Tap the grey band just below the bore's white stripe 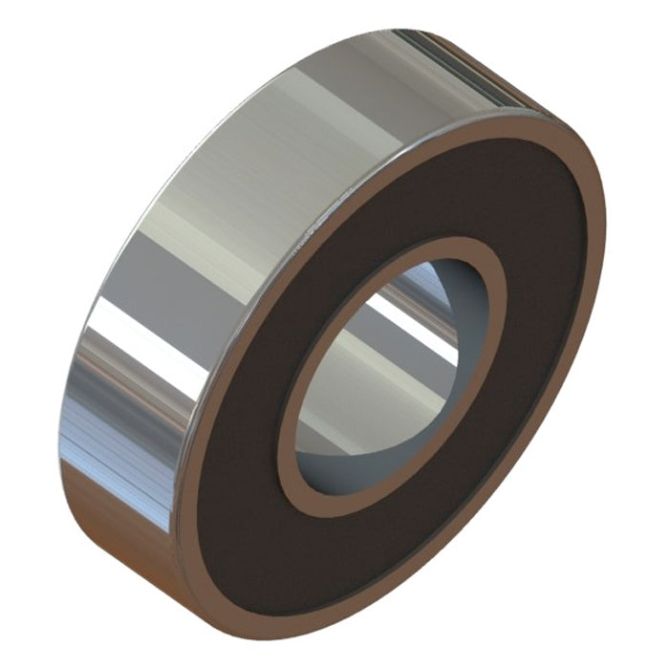point(382,344)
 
